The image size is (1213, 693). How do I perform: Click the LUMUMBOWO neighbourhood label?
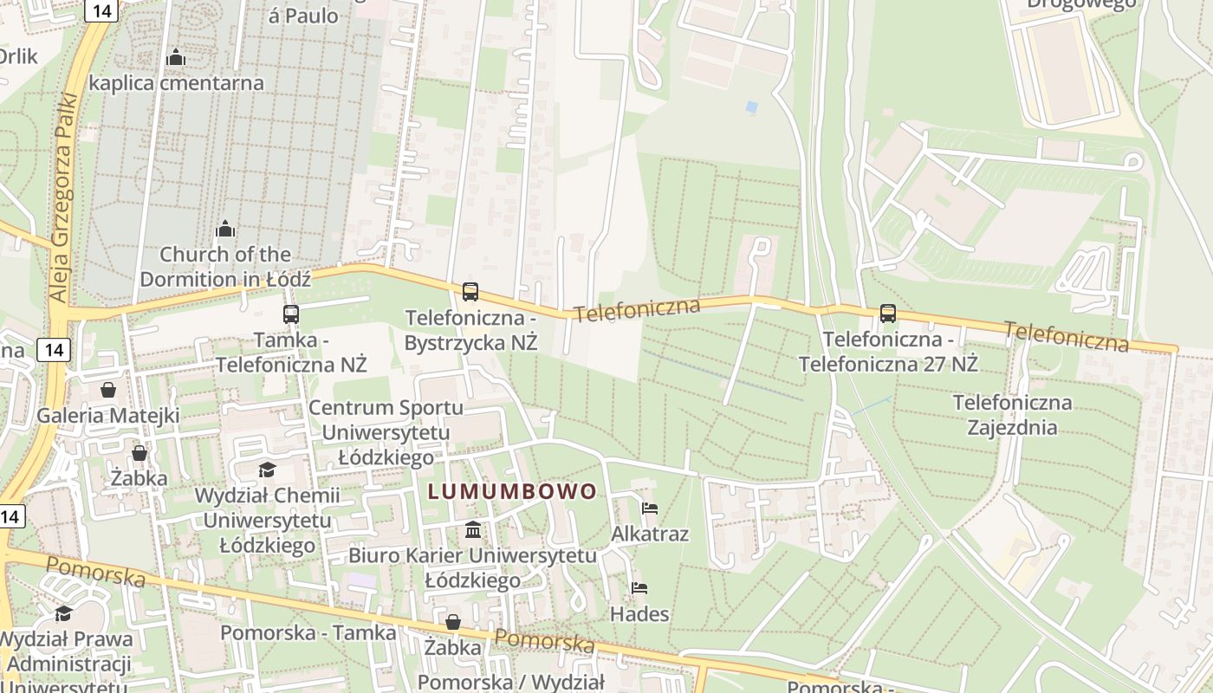click(512, 492)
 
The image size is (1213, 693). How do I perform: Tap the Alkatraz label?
click(650, 534)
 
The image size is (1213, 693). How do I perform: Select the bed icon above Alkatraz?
click(649, 508)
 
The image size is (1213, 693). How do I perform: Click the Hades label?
click(639, 614)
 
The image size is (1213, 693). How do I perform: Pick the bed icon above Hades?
click(639, 588)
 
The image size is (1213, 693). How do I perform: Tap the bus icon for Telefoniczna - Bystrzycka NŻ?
click(470, 292)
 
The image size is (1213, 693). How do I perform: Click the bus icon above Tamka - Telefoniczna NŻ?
click(290, 314)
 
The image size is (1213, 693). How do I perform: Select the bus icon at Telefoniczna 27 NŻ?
click(887, 314)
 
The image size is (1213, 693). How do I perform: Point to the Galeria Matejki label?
click(107, 416)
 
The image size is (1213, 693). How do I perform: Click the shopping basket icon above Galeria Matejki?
click(108, 390)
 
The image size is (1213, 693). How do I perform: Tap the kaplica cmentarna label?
click(176, 83)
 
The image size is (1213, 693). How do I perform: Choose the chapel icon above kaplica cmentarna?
click(176, 58)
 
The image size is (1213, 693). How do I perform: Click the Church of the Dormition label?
click(224, 267)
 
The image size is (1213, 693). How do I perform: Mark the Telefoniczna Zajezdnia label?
click(1012, 415)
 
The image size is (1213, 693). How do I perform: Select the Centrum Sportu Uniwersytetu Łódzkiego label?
click(386, 432)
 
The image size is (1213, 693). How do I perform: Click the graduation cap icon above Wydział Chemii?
click(267, 470)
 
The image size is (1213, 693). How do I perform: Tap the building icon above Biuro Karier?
click(473, 530)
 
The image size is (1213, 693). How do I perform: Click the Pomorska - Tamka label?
click(308, 632)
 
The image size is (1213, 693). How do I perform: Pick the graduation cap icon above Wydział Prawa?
click(63, 614)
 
